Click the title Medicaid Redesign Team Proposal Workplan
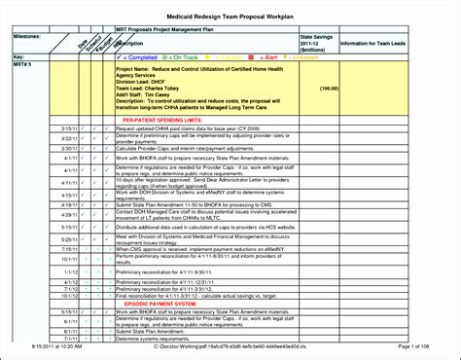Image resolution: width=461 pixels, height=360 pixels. [x=230, y=15]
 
